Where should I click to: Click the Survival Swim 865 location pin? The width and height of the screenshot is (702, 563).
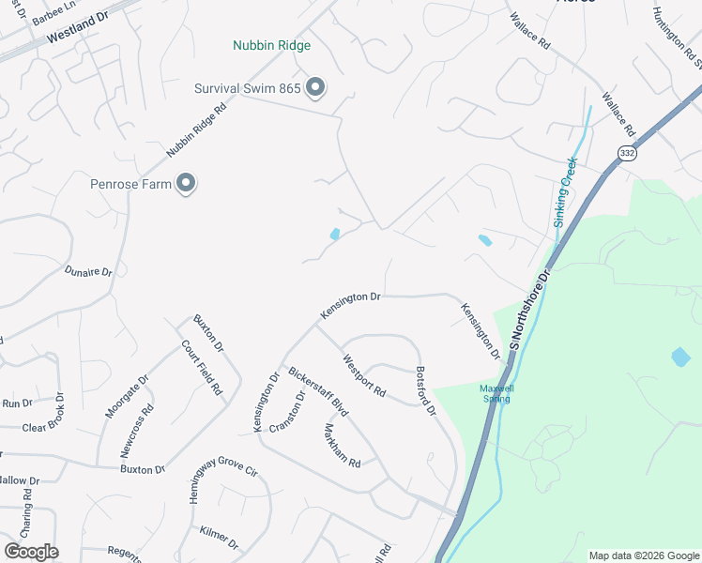click(x=315, y=89)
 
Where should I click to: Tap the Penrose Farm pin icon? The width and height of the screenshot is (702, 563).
click(x=187, y=183)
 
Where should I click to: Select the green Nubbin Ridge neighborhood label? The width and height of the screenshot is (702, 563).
click(x=272, y=45)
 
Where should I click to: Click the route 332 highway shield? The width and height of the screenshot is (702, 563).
click(x=627, y=152)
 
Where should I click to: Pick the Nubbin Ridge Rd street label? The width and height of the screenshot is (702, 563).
click(x=197, y=129)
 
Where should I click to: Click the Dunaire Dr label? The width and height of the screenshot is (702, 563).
click(x=88, y=272)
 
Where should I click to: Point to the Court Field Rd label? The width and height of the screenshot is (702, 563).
click(x=202, y=366)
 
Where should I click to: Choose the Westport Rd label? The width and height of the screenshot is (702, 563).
click(x=364, y=374)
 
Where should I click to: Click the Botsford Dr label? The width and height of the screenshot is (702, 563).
click(x=426, y=390)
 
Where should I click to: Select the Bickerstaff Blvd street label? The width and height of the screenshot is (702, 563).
click(x=318, y=392)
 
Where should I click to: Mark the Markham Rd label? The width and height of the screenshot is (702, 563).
click(x=342, y=446)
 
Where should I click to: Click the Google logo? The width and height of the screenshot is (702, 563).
click(x=31, y=552)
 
